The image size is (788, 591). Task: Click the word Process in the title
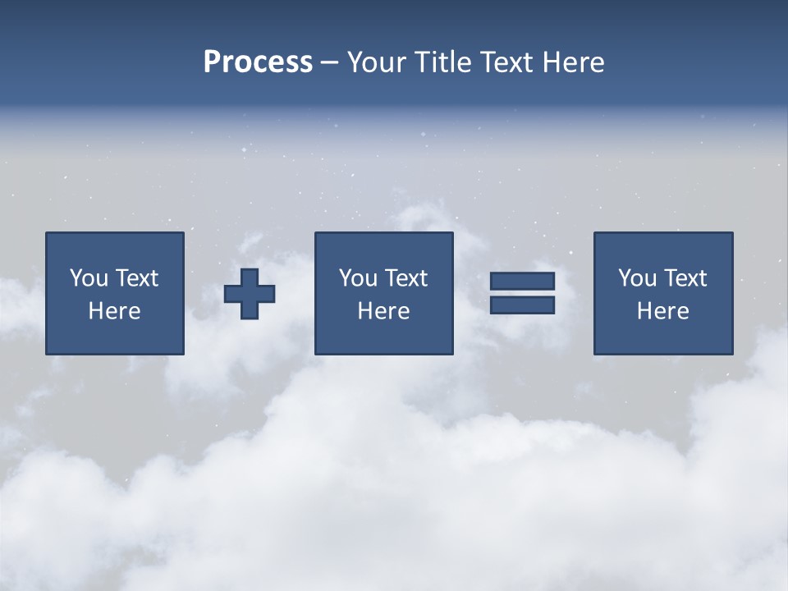coord(258,62)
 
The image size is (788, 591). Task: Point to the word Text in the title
coord(508,62)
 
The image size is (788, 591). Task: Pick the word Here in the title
coord(573,62)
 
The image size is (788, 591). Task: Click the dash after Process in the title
coord(329,63)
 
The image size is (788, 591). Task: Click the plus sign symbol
coord(250,294)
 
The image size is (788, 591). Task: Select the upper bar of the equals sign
coord(522,282)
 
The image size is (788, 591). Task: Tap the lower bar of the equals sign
coord(522,305)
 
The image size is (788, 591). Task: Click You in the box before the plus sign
coord(88,278)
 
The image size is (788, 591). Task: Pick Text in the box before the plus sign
coord(135,278)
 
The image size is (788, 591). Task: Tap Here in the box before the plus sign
coord(114,311)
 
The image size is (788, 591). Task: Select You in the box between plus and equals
coord(358,278)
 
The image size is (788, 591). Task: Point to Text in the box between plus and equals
coord(405,278)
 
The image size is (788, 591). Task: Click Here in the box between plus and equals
coord(383,311)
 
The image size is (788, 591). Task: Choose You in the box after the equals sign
coord(637,278)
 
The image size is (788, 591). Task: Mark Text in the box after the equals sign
coord(685,278)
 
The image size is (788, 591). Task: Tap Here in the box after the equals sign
coord(662,311)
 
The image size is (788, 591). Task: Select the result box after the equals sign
coord(663,337)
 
